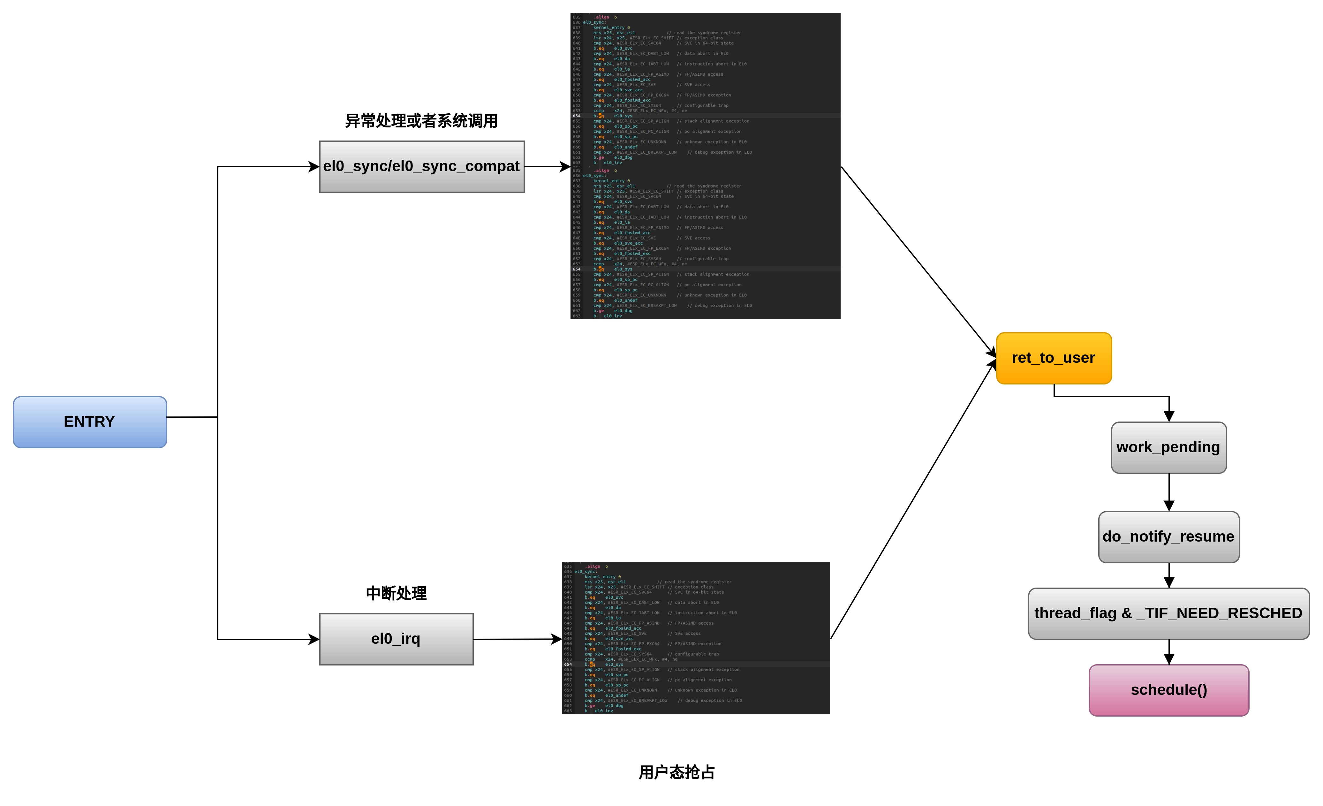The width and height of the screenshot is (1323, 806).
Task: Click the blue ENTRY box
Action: (x=90, y=422)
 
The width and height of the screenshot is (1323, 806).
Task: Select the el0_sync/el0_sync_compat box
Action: (x=421, y=166)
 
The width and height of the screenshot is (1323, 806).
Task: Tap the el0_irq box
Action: (x=396, y=639)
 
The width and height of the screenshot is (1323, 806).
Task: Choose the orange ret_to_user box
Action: (x=1054, y=358)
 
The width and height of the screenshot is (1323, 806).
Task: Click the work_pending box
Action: (x=1168, y=447)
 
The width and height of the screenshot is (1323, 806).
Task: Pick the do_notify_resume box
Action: (x=1168, y=537)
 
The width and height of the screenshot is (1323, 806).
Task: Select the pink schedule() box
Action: (x=1168, y=690)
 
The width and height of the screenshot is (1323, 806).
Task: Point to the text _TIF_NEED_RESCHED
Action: (x=1219, y=613)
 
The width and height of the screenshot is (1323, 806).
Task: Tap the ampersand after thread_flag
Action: (x=1126, y=613)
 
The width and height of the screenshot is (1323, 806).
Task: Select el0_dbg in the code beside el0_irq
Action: (x=614, y=706)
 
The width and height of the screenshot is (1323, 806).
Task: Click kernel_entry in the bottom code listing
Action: (x=600, y=577)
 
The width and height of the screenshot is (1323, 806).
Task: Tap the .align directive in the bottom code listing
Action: (x=593, y=566)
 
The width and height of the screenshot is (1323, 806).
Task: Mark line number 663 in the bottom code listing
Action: (x=568, y=711)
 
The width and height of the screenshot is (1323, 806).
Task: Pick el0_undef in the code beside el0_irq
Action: (x=616, y=696)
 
